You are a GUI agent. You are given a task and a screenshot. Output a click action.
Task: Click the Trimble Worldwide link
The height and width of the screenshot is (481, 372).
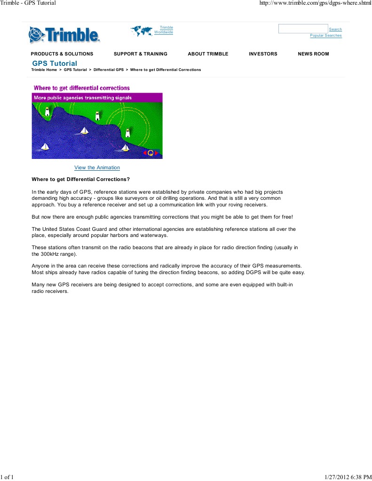point(164,30)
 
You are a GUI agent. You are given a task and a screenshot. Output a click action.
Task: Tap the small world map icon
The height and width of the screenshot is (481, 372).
point(142,31)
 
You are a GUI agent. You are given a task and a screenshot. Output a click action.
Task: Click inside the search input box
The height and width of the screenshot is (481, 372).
point(303,29)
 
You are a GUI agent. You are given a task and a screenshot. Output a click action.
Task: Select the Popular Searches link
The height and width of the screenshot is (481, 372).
point(325,36)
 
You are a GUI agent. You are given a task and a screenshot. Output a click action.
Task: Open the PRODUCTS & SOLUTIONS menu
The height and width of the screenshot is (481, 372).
point(62,54)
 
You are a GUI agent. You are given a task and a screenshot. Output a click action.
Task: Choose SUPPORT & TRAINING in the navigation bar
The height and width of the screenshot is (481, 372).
point(141,54)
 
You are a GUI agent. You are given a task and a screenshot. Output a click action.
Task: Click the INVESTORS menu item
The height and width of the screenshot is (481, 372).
point(263,54)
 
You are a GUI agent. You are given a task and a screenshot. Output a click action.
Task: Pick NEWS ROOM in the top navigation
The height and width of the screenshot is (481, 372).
point(313,54)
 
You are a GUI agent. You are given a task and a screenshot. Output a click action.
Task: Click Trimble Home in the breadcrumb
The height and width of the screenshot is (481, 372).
point(44,70)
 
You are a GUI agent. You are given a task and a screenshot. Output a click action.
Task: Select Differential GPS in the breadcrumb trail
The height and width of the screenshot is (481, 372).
point(109,70)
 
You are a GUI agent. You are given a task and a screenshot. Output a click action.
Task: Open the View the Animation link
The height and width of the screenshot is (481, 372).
point(97,168)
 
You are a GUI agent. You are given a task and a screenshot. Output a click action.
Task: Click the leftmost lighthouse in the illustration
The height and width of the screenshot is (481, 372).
point(47,111)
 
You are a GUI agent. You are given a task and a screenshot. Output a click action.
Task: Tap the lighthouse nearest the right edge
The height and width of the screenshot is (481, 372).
point(127,133)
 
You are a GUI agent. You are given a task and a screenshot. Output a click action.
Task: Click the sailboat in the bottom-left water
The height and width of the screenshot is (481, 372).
point(45,147)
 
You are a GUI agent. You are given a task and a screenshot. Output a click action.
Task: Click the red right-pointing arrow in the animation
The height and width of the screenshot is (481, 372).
point(157,153)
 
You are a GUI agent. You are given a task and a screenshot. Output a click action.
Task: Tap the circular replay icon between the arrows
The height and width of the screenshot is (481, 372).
point(150,153)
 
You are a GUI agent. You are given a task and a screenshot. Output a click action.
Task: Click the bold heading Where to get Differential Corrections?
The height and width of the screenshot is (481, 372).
point(80,180)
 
